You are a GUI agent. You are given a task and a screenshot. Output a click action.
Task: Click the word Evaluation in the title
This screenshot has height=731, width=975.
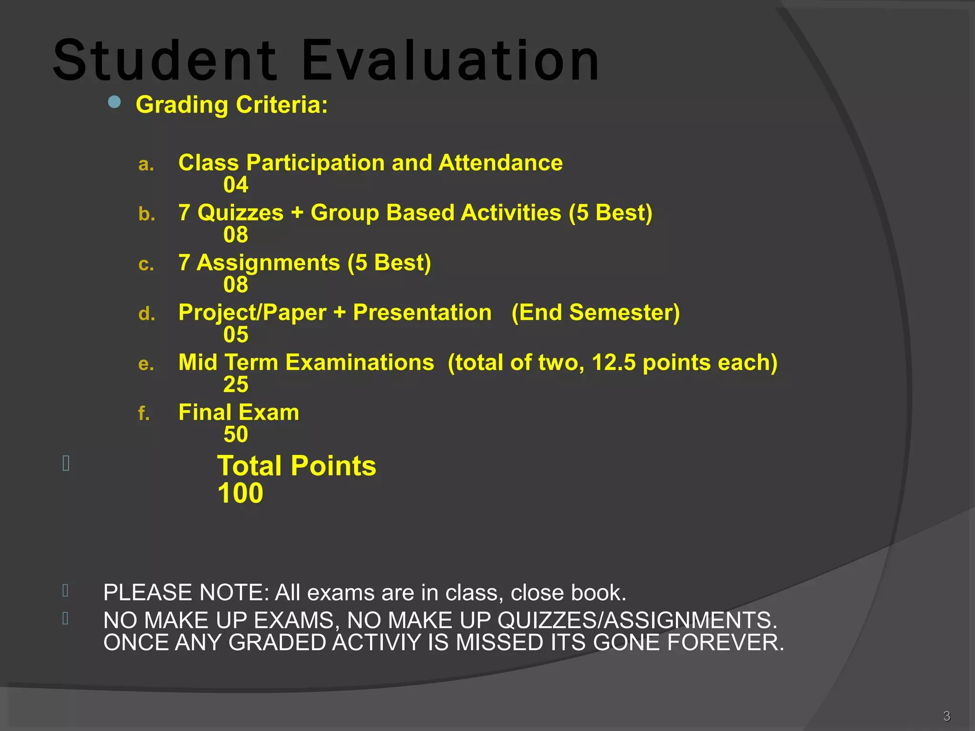point(450,61)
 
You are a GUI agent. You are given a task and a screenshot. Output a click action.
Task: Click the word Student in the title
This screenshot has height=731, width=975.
point(165,61)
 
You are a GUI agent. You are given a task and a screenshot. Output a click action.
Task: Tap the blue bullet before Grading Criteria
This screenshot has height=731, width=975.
point(114,102)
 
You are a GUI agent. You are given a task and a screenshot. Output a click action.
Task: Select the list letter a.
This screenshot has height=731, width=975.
point(146,165)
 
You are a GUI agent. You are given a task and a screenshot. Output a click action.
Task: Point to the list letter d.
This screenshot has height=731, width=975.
point(147,314)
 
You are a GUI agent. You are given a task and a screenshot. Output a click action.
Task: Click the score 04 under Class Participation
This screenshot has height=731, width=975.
point(236,185)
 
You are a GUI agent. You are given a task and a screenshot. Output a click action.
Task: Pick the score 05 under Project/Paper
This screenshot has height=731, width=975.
point(236,335)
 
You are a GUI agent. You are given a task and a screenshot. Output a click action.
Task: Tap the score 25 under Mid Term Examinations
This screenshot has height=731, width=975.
point(236,385)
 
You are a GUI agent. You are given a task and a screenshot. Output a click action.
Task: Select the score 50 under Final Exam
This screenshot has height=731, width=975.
point(236,435)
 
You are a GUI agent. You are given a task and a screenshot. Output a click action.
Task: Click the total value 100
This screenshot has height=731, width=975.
point(240,493)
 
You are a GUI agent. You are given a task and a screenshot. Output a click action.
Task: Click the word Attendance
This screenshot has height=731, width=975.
point(500,163)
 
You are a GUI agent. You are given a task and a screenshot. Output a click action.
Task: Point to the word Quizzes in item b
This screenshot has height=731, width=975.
point(240,213)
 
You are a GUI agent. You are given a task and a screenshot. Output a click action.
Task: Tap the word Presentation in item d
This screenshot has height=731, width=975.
point(422,313)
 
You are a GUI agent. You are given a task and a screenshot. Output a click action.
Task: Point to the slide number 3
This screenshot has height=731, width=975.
point(946,716)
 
